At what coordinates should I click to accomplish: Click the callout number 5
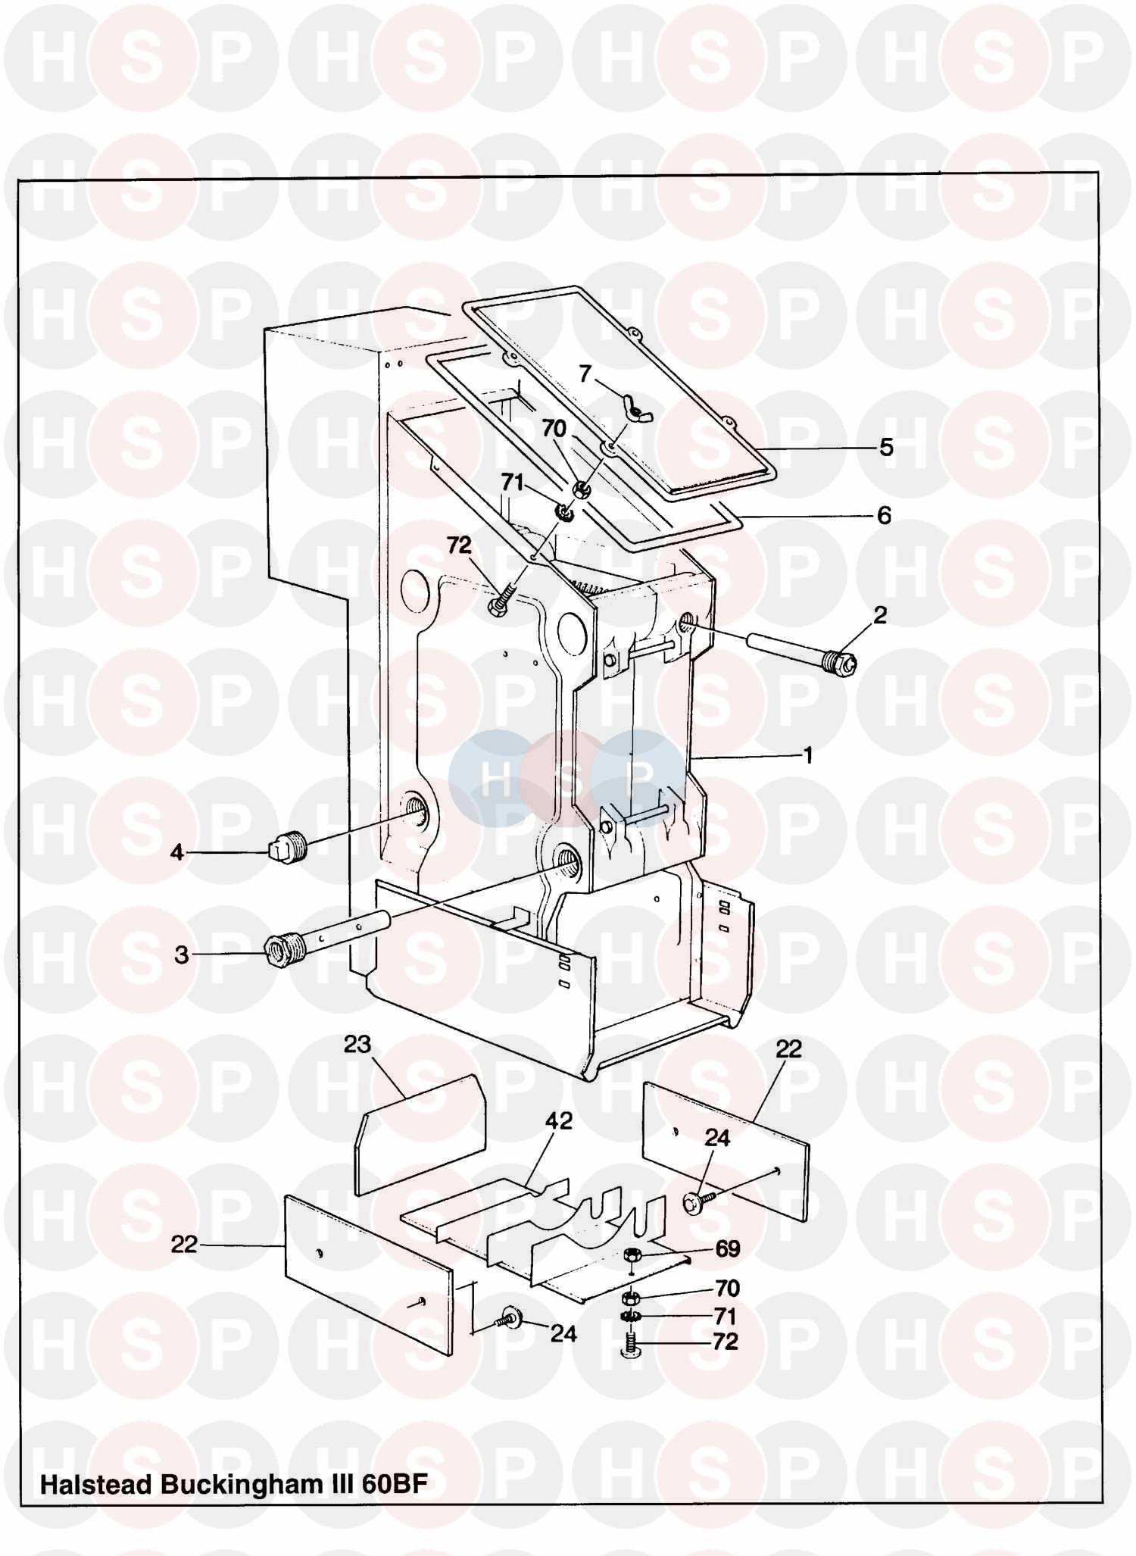(x=886, y=447)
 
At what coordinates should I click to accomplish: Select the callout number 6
(x=884, y=515)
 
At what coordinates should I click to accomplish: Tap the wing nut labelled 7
(x=630, y=409)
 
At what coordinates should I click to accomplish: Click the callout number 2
(x=879, y=615)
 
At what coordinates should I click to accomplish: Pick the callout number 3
(x=182, y=955)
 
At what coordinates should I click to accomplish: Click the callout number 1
(x=808, y=755)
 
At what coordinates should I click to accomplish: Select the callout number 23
(x=357, y=1044)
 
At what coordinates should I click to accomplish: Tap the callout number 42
(x=559, y=1120)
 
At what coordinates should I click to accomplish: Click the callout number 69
(x=728, y=1248)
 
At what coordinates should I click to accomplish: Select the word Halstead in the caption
(x=95, y=1483)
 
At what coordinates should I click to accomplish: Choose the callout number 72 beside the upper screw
(x=459, y=545)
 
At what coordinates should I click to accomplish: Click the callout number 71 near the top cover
(x=513, y=483)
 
